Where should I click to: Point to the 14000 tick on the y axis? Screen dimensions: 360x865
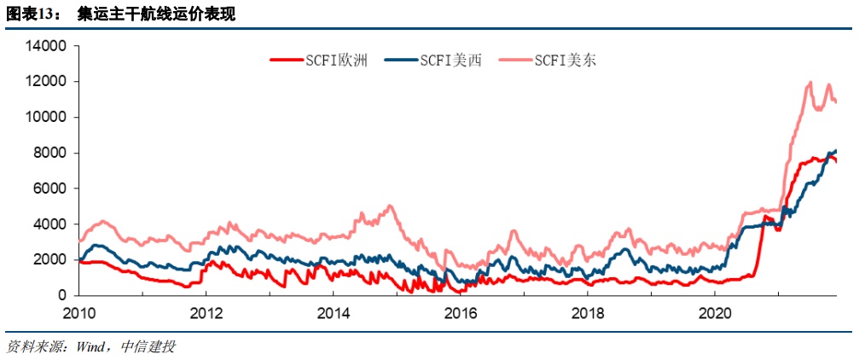click(48, 46)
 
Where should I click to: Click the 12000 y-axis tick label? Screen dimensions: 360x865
click(48, 82)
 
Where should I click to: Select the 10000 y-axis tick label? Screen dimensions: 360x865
click(48, 118)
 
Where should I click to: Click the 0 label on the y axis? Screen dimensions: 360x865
click(64, 295)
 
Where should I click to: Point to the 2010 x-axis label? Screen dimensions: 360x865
click(78, 312)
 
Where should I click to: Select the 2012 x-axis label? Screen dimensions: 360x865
click(206, 312)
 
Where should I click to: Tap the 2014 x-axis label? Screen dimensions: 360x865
click(333, 312)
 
